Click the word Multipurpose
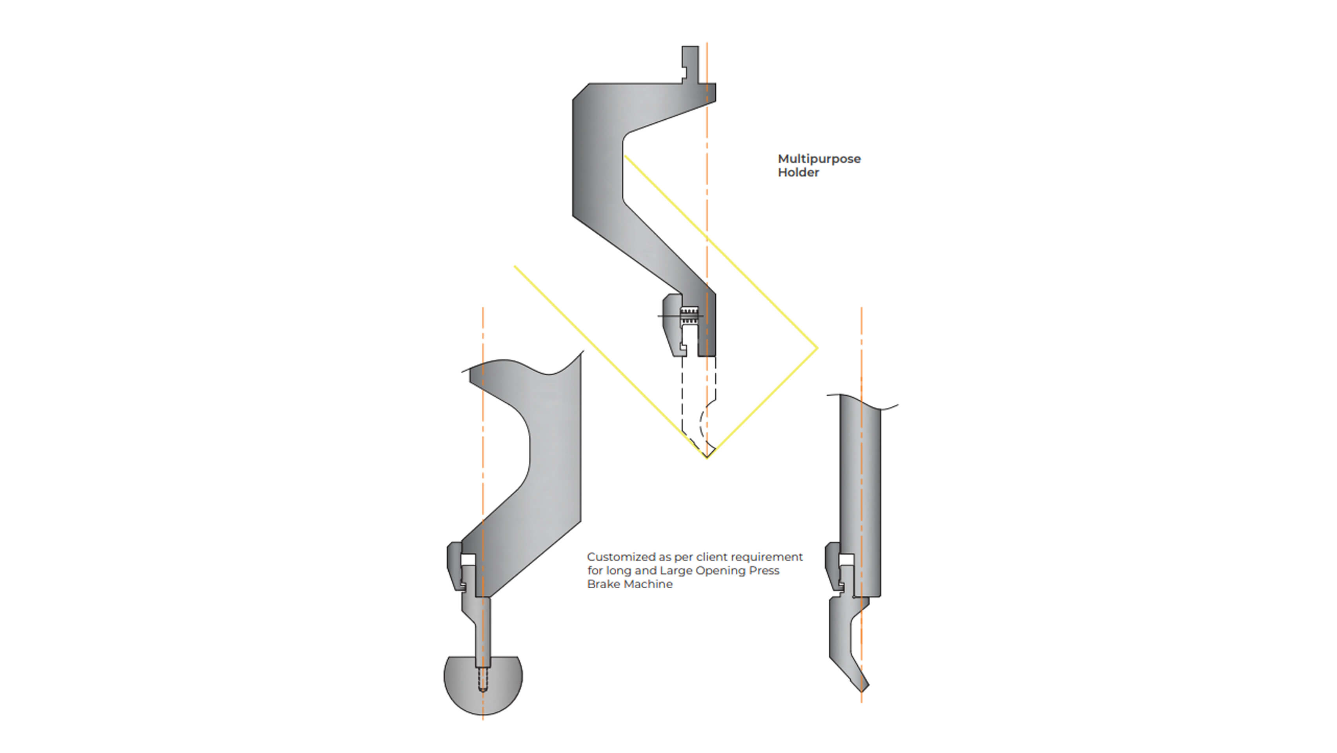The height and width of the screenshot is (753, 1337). point(819,159)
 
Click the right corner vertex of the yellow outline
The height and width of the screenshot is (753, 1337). point(817,348)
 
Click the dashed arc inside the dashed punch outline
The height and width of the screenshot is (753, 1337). point(702,423)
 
